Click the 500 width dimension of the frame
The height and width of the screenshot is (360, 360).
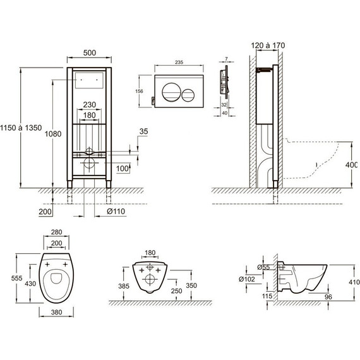(x=90, y=53)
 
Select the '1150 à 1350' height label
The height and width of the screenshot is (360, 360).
(x=21, y=128)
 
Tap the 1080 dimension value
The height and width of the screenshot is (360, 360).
(x=53, y=134)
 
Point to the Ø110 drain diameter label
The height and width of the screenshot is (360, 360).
(x=116, y=211)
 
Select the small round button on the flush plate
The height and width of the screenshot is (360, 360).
(x=188, y=95)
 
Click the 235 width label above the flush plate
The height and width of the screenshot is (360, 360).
(x=179, y=63)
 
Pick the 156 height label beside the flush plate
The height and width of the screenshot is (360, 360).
(x=139, y=91)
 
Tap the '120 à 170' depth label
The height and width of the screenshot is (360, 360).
(x=268, y=45)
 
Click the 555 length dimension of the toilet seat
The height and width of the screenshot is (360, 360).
(x=17, y=278)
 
